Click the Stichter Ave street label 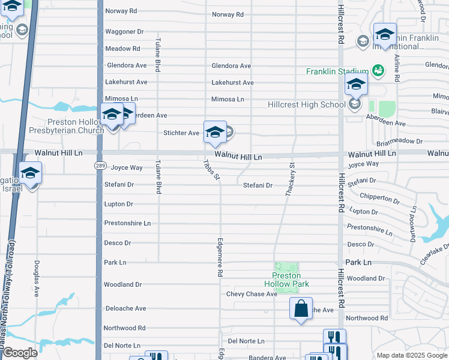point(181,133)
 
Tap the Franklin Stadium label point(337,71)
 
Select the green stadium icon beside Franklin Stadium point(378,71)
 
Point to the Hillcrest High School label point(306,104)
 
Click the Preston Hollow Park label point(286,280)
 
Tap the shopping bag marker point(301,309)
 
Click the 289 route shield point(100,165)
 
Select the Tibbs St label point(208,167)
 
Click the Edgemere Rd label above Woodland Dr point(220,256)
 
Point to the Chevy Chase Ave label point(252,294)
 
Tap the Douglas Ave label point(37,278)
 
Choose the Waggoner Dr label point(124,31)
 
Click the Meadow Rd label point(122,49)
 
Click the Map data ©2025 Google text point(411,355)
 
